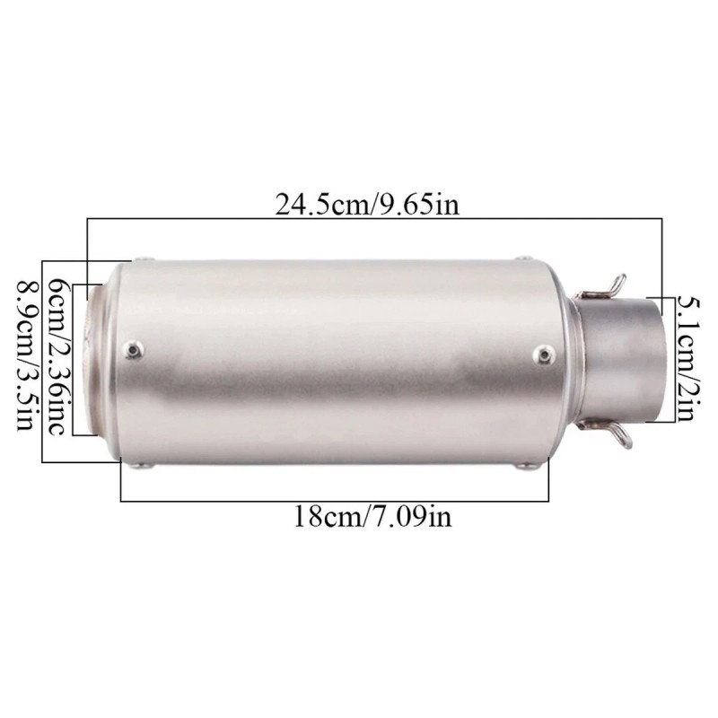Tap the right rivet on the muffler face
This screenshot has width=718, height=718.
pyautogui.click(x=546, y=355)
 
